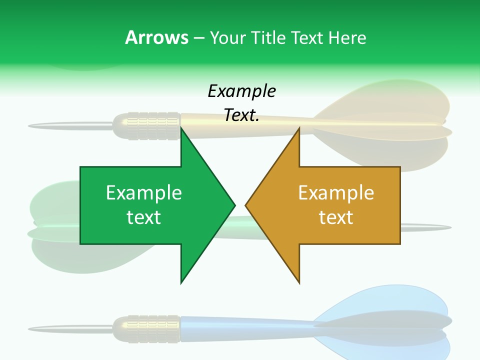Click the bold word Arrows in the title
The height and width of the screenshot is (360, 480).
coord(156,37)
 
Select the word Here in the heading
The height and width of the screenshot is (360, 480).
coord(347,37)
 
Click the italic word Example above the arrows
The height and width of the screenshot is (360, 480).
coord(241,91)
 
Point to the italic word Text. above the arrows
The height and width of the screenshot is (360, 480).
coord(241,115)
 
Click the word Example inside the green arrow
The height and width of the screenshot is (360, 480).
coord(144,192)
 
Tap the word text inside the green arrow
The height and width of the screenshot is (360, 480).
coord(144,217)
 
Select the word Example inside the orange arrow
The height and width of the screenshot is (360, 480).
coord(336,192)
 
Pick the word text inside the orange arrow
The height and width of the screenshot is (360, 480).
coord(336,217)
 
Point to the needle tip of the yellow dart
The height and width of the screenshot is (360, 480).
coord(31,125)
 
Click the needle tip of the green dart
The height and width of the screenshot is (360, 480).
coord(448,228)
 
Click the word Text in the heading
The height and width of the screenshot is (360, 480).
coord(307,37)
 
